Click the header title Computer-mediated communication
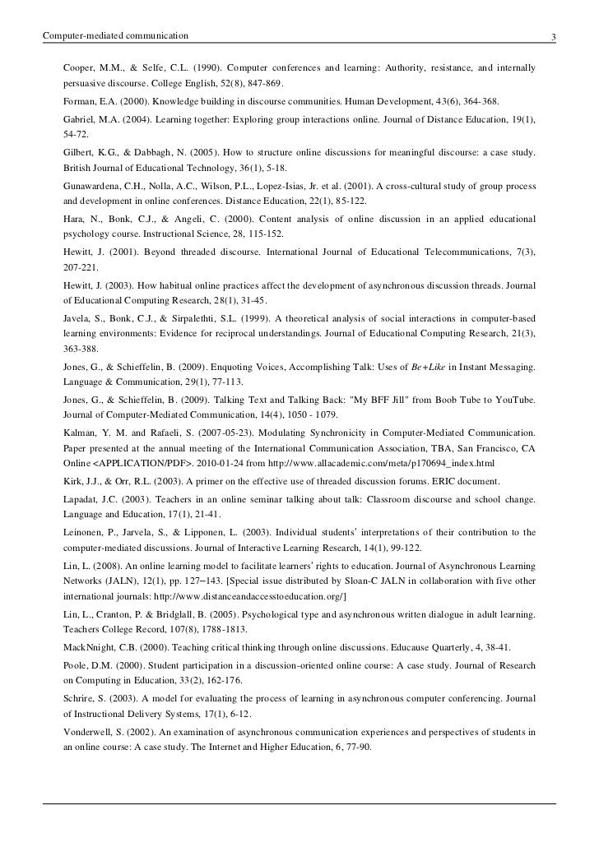(x=115, y=36)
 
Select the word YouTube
(x=513, y=400)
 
